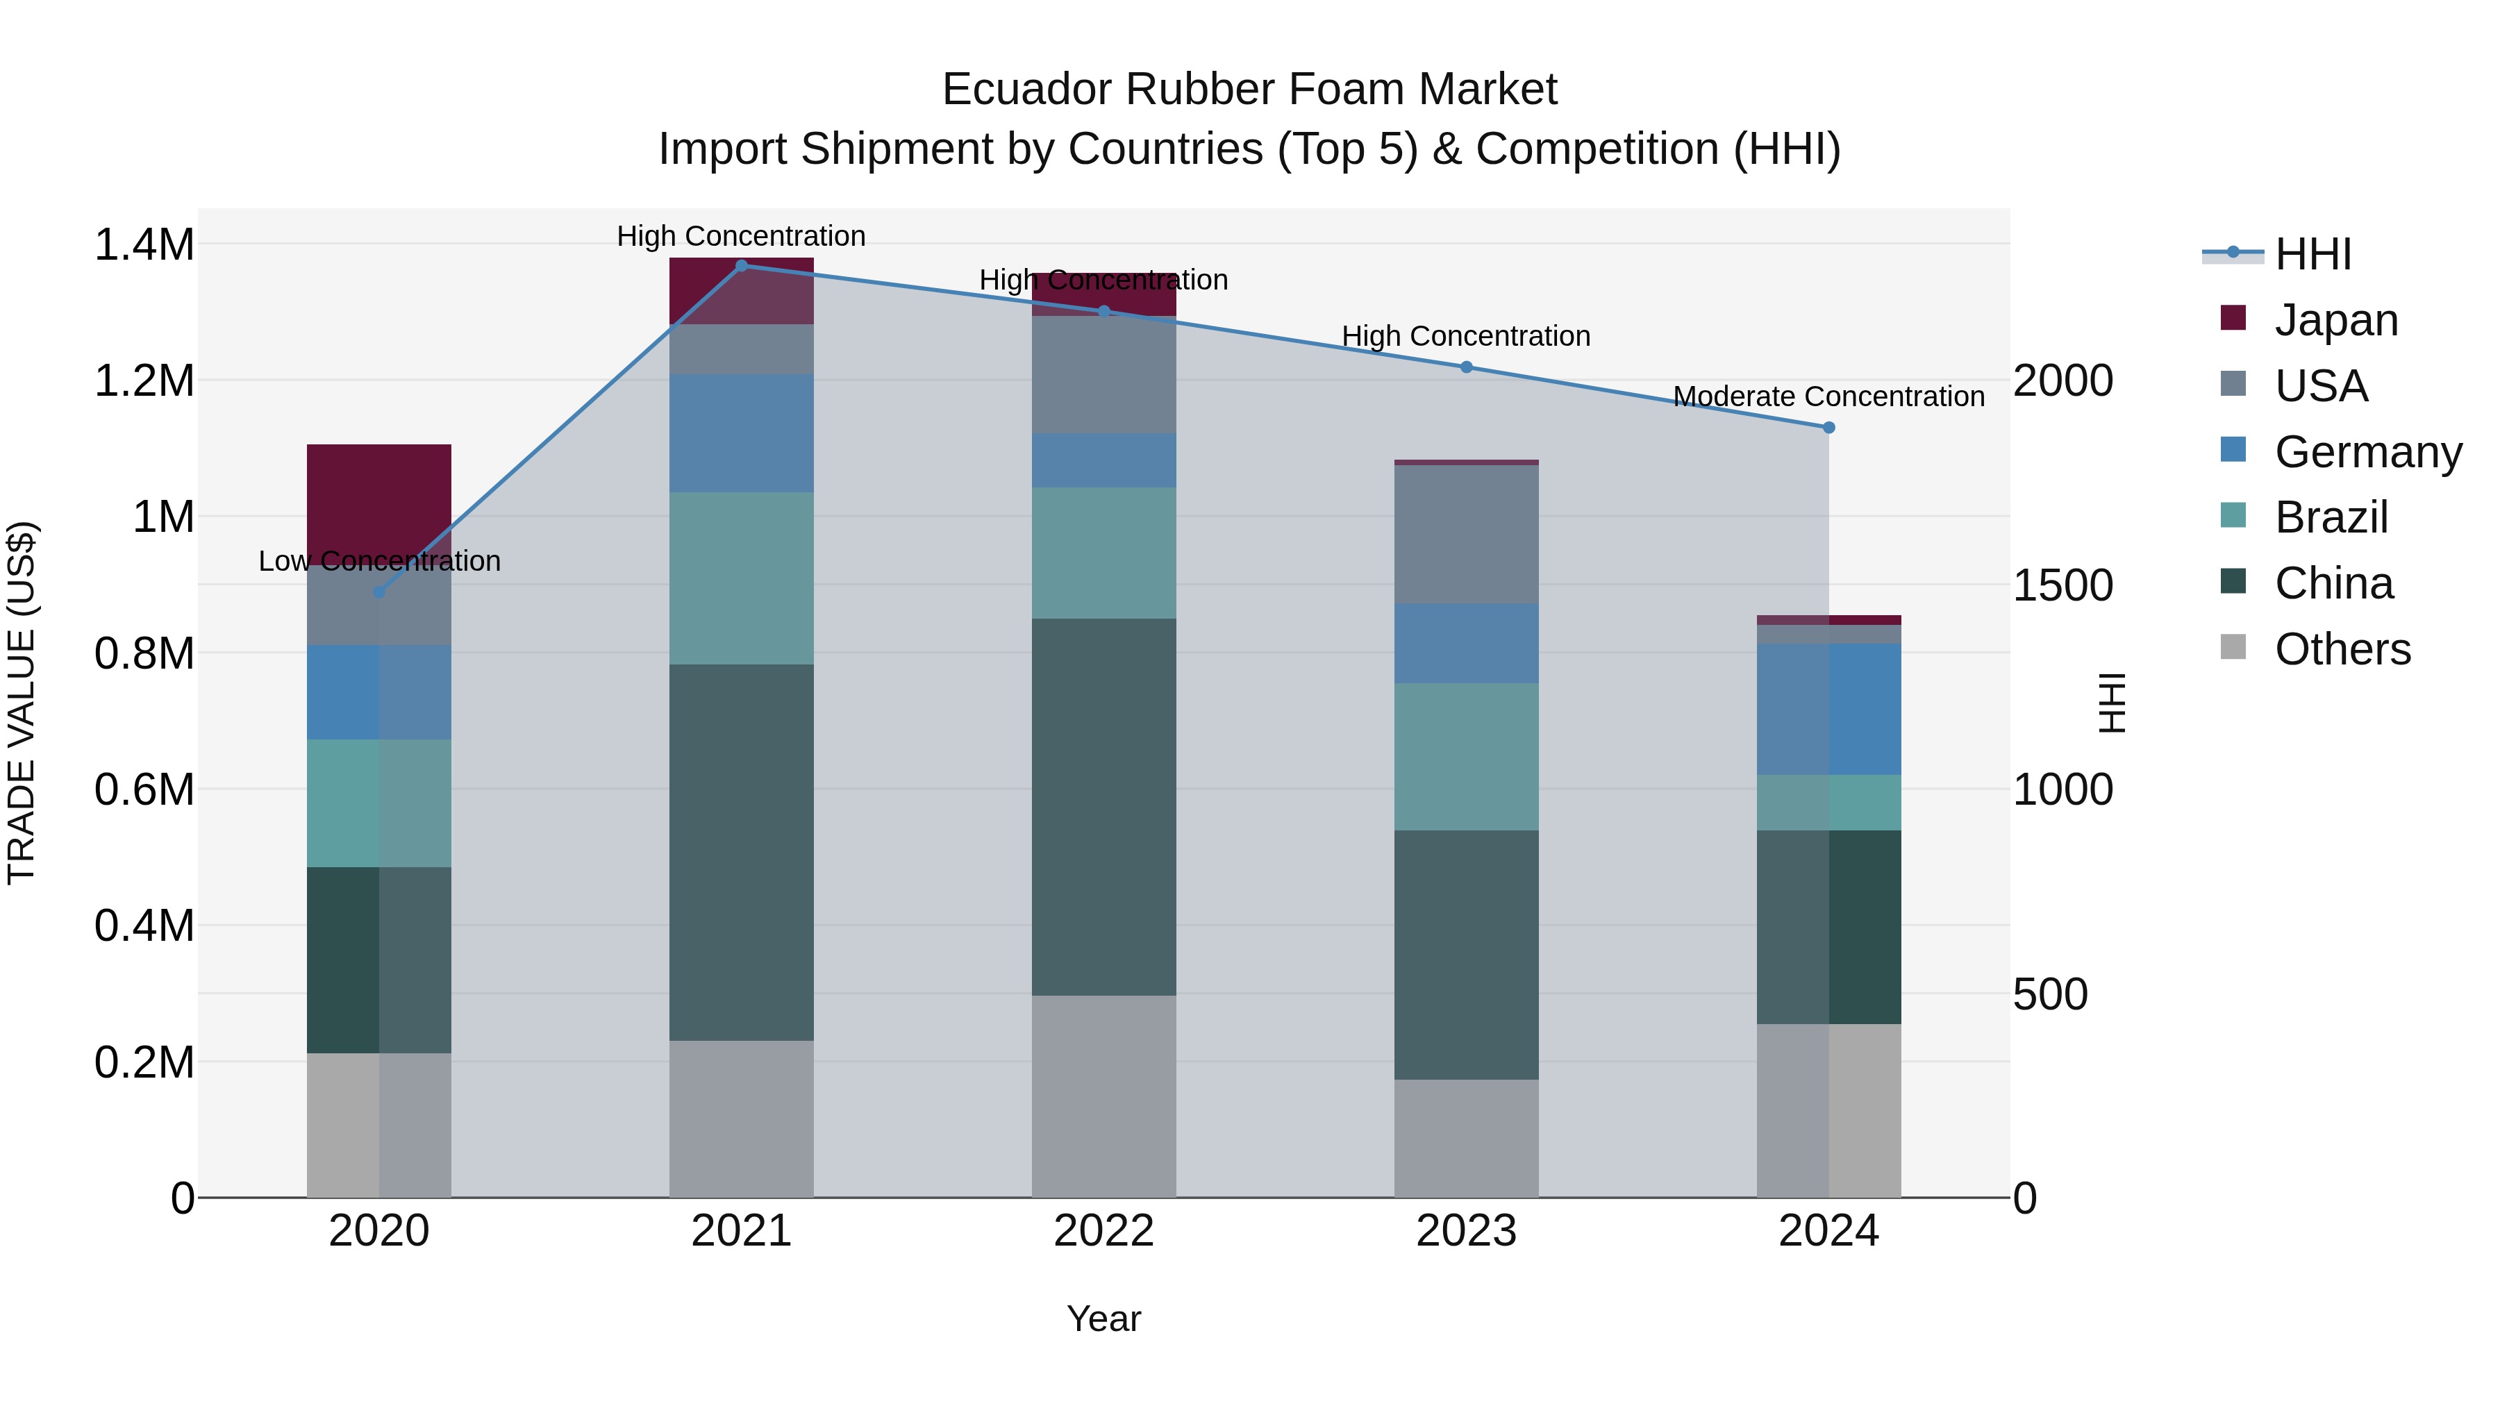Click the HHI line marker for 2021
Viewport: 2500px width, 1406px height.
[742, 265]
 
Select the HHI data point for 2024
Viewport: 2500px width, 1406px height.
[1828, 427]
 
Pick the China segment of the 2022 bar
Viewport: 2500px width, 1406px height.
[1103, 806]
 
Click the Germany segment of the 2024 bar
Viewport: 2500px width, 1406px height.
[1828, 708]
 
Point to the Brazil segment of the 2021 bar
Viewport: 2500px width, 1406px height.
[742, 578]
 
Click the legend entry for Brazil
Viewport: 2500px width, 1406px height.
[2330, 517]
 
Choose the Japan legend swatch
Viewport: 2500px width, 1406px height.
[2233, 318]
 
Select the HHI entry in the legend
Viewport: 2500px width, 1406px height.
[2312, 254]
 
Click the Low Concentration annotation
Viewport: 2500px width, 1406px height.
[379, 561]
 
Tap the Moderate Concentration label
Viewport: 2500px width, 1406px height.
[1828, 396]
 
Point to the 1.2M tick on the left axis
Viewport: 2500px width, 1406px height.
[144, 380]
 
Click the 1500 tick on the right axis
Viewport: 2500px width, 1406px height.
[2062, 585]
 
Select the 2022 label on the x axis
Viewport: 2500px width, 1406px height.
[1103, 1230]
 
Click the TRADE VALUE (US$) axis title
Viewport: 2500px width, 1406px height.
[22, 703]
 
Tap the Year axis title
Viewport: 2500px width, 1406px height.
[1103, 1319]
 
